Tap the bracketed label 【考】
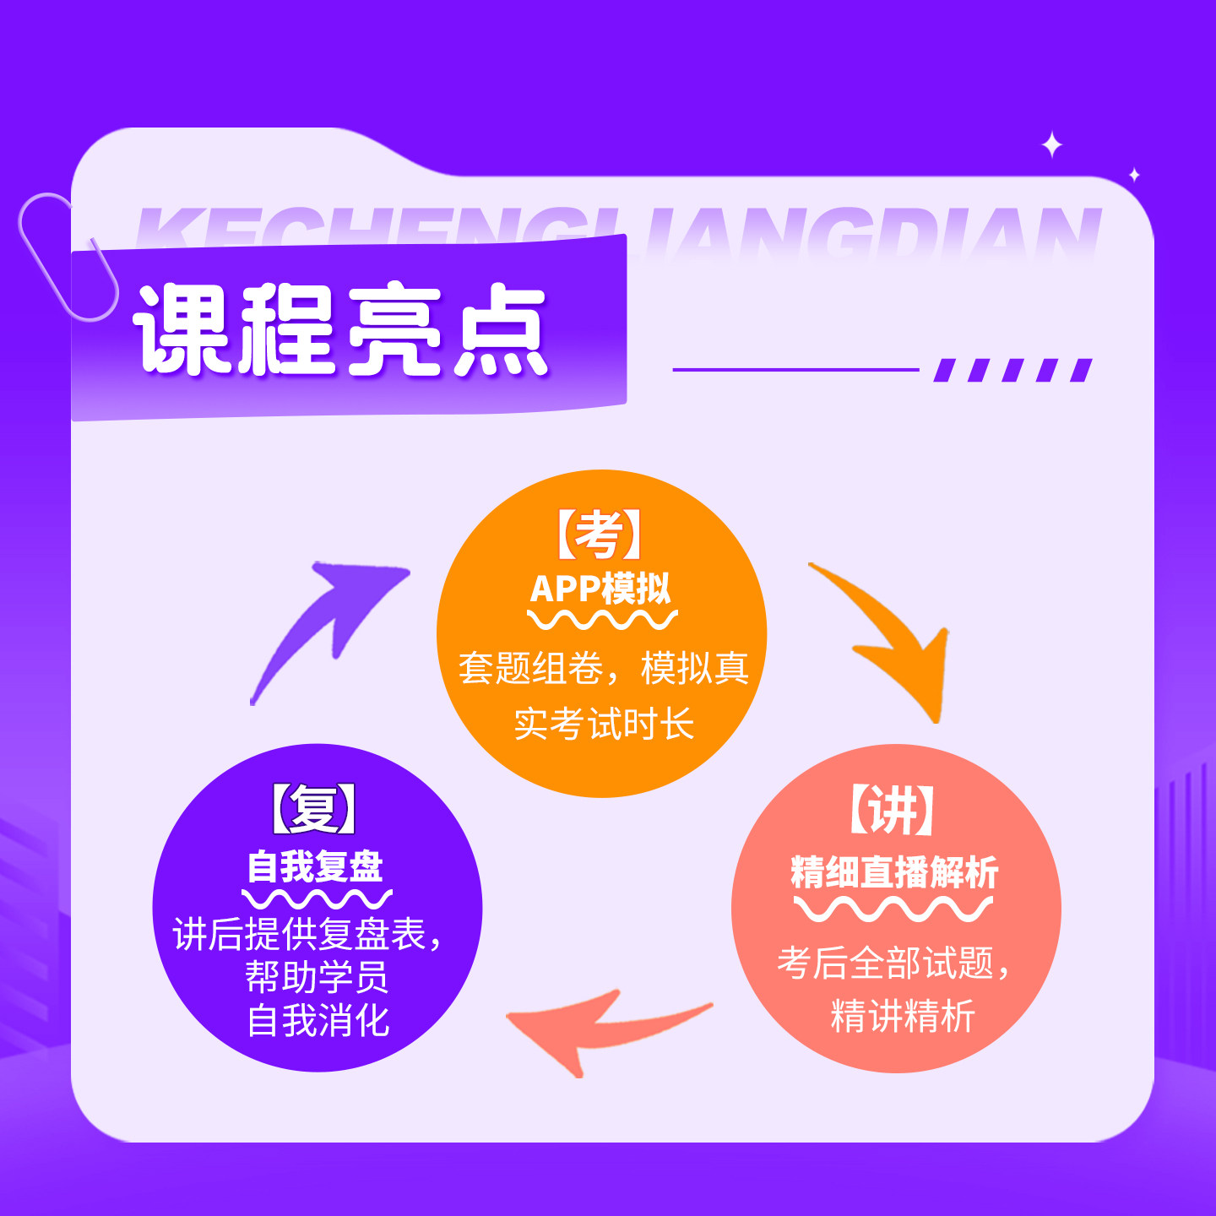[600, 535]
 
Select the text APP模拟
[600, 588]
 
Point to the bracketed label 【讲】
[892, 810]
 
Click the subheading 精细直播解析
[894, 872]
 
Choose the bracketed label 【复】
[314, 808]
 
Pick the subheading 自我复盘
[315, 866]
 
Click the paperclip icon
[68, 258]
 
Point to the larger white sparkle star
[1051, 145]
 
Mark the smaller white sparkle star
[1134, 175]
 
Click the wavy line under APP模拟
[602, 621]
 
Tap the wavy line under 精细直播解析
[893, 909]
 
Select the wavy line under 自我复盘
[317, 898]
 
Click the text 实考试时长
[604, 724]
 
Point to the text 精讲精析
[903, 1015]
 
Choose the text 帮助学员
[317, 977]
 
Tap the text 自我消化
[318, 1020]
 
